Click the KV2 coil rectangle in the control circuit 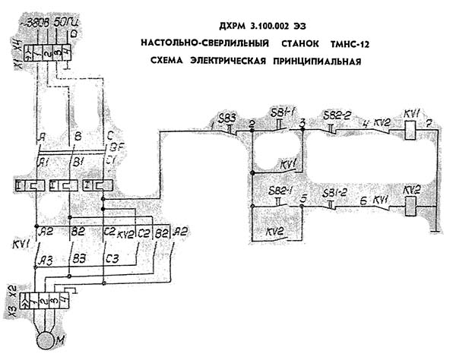click(x=411, y=204)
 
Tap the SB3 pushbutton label click(x=226, y=117)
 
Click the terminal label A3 click(x=48, y=261)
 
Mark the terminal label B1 click(x=79, y=163)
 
